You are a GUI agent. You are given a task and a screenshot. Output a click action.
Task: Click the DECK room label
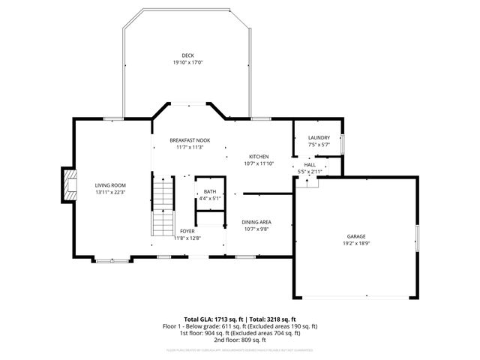coord(187,55)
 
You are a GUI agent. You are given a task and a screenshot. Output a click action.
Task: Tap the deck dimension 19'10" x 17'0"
coord(187,62)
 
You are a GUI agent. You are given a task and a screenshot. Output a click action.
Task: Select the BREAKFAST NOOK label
coord(190,140)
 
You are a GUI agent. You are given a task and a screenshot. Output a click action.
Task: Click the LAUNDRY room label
coord(319,138)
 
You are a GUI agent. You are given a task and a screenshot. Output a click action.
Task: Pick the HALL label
coord(310,164)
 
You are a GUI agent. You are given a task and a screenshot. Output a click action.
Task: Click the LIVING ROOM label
coord(109,185)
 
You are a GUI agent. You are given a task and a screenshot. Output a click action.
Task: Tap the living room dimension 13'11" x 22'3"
coord(109,192)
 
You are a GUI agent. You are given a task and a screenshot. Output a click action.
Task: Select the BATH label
coord(210,192)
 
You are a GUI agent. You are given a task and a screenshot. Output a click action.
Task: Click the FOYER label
coord(186,232)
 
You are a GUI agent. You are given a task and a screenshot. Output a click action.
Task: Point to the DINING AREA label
coord(256,222)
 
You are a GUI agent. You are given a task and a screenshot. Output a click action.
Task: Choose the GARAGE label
coord(355,236)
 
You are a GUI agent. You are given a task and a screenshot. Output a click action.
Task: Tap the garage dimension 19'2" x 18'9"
coord(355,243)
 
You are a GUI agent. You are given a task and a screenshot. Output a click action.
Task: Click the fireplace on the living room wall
coord(70,185)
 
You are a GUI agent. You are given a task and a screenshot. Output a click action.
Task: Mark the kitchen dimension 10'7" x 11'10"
coord(259,163)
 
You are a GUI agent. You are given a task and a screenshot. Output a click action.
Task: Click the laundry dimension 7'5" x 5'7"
coord(319,145)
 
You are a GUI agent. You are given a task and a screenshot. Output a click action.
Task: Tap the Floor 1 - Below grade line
coord(240,325)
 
